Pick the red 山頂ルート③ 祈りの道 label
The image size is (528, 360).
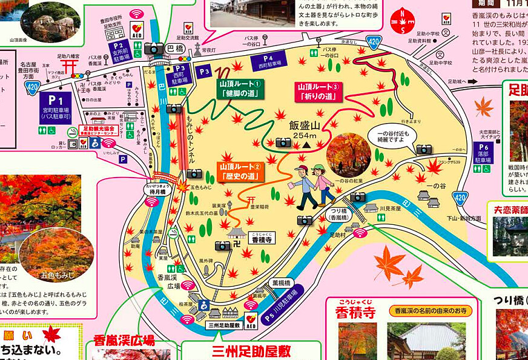[320, 91]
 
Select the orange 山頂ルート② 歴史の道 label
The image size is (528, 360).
[240, 171]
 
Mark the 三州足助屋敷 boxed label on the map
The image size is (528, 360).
[224, 325]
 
